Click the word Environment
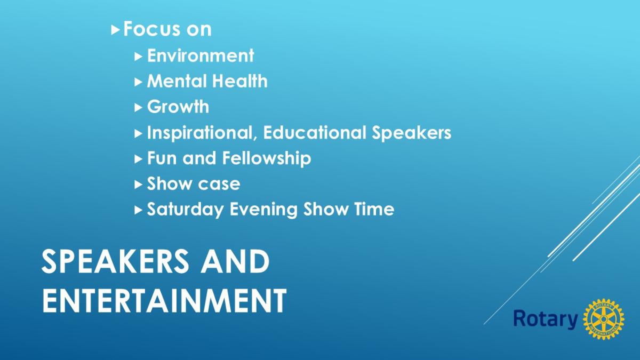[x=201, y=55]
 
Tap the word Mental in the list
[x=177, y=81]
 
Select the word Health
[x=240, y=81]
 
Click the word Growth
[x=178, y=107]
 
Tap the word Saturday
[x=186, y=209]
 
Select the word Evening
[x=263, y=210]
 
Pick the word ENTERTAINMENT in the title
[x=164, y=301]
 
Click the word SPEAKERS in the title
[x=115, y=261]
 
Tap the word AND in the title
[x=235, y=261]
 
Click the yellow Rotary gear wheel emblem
[x=604, y=319]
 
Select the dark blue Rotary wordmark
[x=546, y=319]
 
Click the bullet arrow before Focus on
[x=115, y=30]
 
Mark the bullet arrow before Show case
[x=138, y=185]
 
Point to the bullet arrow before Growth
[x=138, y=108]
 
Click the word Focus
[x=151, y=29]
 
